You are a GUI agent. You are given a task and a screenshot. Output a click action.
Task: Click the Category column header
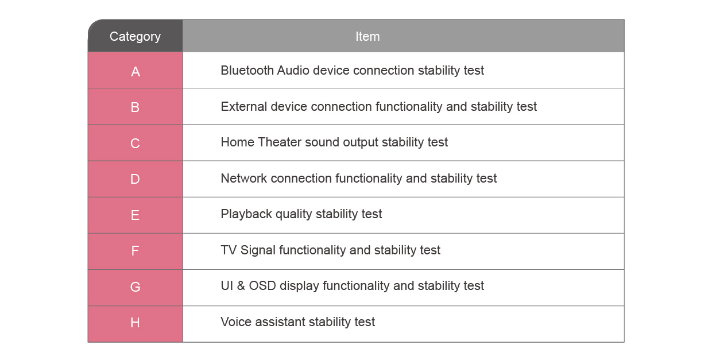coord(135,37)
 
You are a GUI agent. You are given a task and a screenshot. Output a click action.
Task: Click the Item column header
coord(367,37)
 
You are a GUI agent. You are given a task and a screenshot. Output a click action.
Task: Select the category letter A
coord(136,72)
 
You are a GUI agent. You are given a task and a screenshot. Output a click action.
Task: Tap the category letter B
coord(135,107)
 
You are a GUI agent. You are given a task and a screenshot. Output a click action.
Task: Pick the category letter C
coord(135,144)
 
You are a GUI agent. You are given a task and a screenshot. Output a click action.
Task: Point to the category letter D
coord(135,179)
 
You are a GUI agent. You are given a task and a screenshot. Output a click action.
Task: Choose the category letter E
coord(135,215)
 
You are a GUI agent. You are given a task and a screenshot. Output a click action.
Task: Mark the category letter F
coord(135,251)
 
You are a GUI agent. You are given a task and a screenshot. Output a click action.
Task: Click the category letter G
coord(135,287)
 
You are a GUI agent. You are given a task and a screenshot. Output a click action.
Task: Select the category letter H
coord(135,323)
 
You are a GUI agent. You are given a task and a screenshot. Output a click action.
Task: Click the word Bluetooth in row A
coord(247,71)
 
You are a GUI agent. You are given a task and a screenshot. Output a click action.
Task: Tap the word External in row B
coord(244,106)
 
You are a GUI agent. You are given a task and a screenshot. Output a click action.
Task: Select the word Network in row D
coord(244,178)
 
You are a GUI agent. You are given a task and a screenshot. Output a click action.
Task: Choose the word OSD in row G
coord(262,286)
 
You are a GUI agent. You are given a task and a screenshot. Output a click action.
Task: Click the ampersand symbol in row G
coord(241,286)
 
